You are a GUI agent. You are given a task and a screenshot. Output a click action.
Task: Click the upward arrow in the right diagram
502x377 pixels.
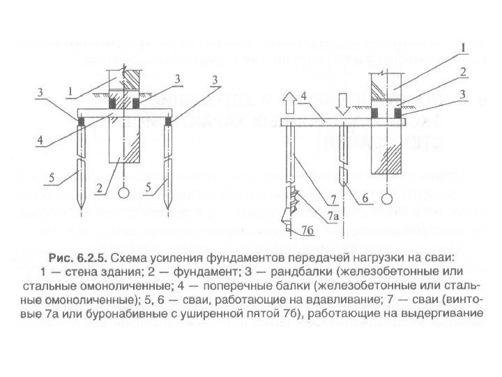pyautogui.click(x=295, y=105)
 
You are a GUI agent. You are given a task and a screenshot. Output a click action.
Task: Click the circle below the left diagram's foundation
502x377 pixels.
pyautogui.click(x=123, y=192)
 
